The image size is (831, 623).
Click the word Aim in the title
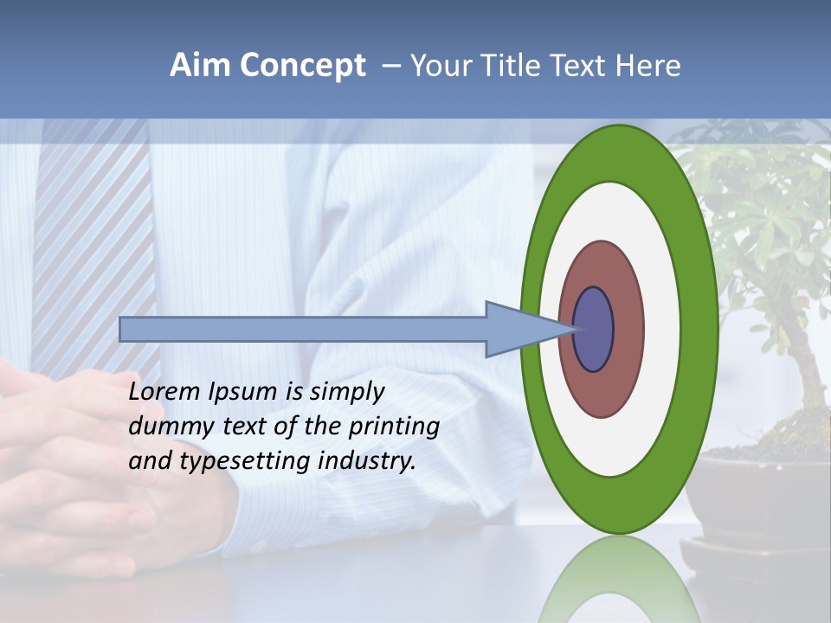[x=202, y=66]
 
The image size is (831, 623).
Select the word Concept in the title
[x=302, y=66]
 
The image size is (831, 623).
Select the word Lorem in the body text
[x=164, y=392]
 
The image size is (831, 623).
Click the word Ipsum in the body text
[x=243, y=392]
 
